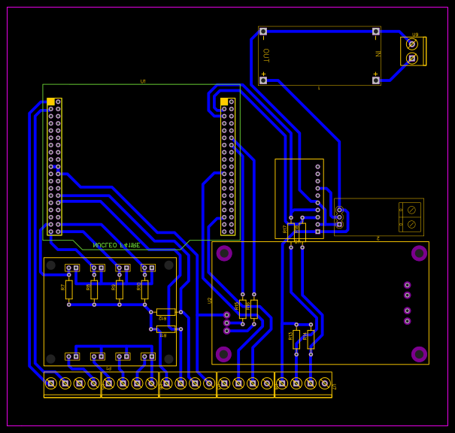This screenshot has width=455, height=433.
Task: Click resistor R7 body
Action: [x=68, y=289]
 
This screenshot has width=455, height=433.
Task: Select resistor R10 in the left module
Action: [x=144, y=289]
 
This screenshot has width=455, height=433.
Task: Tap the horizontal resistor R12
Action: [x=165, y=312]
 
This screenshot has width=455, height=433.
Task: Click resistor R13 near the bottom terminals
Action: [x=296, y=338]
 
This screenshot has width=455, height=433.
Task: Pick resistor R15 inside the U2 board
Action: [x=243, y=308]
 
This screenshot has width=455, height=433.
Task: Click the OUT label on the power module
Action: [x=265, y=56]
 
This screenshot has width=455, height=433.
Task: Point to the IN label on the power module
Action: [x=378, y=53]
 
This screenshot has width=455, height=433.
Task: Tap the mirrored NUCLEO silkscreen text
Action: [x=116, y=245]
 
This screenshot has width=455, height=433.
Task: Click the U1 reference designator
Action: [x=142, y=81]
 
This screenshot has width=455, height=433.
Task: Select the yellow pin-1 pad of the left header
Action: [x=50, y=101]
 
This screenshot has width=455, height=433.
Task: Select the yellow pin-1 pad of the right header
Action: [x=224, y=101]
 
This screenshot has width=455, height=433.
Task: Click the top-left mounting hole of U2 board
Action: [x=224, y=253]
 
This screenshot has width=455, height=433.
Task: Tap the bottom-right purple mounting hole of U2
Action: [x=419, y=353]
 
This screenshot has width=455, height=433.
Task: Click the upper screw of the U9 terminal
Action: [x=411, y=44]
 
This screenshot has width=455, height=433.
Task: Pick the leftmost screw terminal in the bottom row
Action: [x=51, y=383]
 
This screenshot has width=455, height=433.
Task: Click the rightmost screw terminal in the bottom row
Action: [x=325, y=383]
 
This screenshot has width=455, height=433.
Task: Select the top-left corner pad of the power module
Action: [x=263, y=32]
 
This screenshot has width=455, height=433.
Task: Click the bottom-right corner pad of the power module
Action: [x=375, y=80]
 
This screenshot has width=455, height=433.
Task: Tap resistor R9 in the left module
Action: [x=119, y=289]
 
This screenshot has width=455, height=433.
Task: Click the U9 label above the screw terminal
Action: [x=415, y=35]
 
